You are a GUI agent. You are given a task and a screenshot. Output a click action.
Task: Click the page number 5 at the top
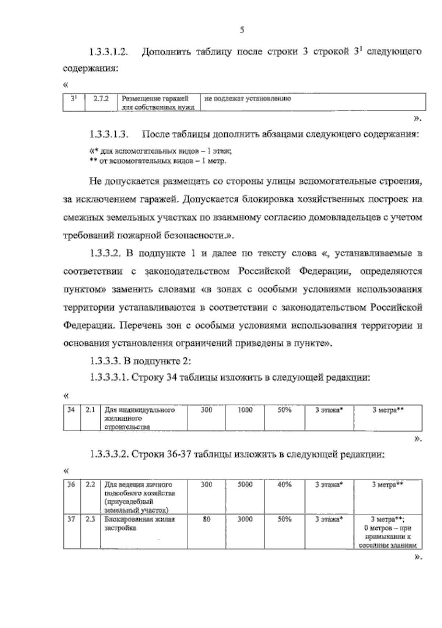242,30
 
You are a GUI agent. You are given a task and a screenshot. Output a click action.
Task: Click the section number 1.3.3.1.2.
109,52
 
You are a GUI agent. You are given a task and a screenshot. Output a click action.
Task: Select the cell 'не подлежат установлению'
247,99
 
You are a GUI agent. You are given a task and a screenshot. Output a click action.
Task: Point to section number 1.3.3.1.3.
109,135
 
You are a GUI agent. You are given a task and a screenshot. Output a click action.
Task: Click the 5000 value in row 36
245,485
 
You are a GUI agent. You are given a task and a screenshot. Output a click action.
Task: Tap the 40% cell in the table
284,485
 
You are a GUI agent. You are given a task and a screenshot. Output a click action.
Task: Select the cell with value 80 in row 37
206,519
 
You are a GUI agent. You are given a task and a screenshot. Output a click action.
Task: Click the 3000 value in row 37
245,519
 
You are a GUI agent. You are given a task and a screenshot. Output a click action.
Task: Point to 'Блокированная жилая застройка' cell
140,524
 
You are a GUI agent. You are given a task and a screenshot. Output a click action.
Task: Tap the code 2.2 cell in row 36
90,485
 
